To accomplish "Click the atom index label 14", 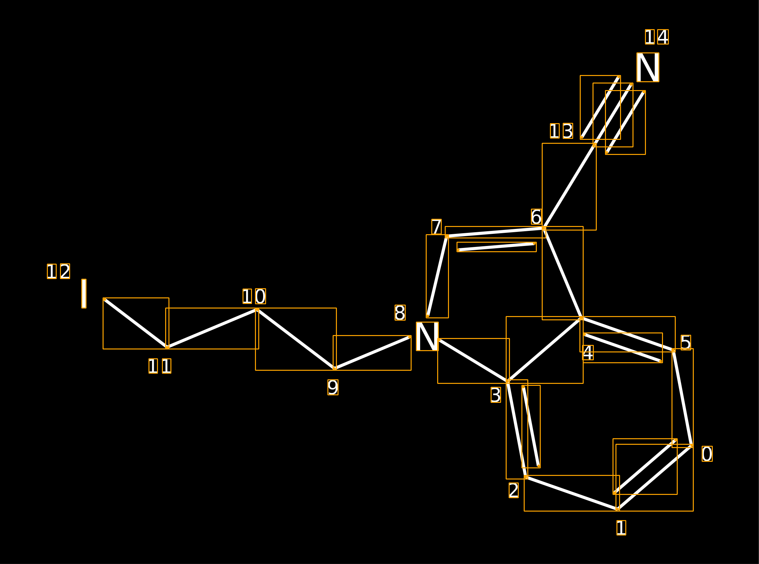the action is pos(656,37).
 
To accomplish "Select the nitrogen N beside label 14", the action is pos(648,67).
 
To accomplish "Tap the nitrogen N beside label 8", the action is pos(427,336).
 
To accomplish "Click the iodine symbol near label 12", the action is pos(84,293).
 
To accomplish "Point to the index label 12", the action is pos(58,271).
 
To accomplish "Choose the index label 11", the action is pos(160,366).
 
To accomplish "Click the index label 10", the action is pos(254,296).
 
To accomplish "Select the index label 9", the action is pos(333,387).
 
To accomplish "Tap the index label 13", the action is pos(561,131).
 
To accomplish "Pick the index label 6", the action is pos(536,217).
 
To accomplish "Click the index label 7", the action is pos(436,227).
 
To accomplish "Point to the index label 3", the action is pos(496,395).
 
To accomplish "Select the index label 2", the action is pos(514,490).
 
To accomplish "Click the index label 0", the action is pos(707,454).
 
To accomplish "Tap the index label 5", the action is pos(686,343).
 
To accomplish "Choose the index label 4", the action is pos(588,353).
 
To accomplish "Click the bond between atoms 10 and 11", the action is pos(212,329).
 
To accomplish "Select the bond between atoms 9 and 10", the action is pos(296,339).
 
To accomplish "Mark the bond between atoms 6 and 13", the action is pos(569,186).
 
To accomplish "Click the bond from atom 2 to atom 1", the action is pos(572,493).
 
